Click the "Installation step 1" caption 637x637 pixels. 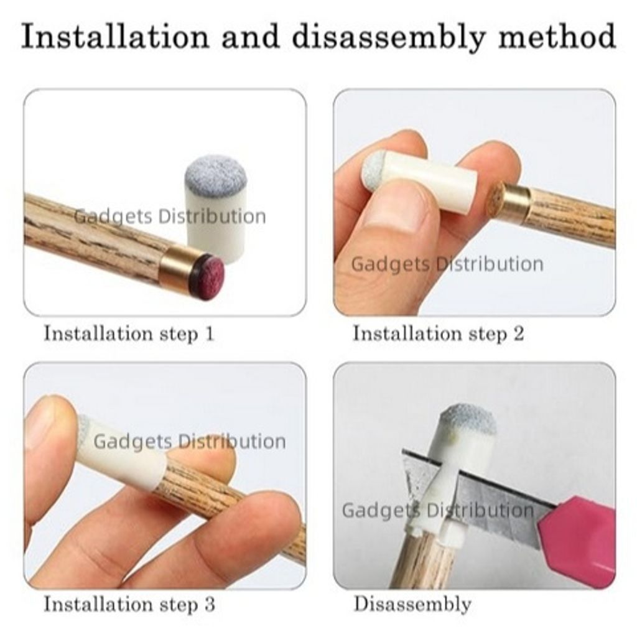129,333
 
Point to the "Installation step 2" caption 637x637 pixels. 438,333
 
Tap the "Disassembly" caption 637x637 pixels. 412,604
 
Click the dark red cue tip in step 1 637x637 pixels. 210,271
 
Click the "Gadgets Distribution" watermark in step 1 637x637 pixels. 170,216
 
